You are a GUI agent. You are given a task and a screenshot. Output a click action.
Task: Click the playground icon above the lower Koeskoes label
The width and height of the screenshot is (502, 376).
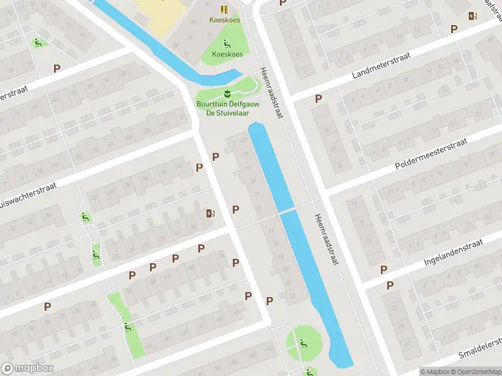[x=227, y=44]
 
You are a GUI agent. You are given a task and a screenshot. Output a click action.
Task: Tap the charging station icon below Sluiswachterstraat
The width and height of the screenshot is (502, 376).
[x=210, y=214]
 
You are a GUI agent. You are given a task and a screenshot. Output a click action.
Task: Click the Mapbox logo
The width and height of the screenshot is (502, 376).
[x=28, y=368]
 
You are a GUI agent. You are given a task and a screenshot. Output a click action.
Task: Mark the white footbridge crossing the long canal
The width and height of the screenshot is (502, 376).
[x=287, y=211]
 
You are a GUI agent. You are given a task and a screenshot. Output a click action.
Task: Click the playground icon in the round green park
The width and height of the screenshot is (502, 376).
[x=303, y=343]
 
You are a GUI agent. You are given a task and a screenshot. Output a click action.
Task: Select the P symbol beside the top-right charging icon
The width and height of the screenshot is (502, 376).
[x=454, y=29]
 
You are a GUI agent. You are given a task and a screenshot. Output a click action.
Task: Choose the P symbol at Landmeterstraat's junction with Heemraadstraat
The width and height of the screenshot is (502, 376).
[x=318, y=98]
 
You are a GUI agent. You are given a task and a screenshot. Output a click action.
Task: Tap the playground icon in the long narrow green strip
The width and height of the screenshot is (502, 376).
[x=127, y=326]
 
